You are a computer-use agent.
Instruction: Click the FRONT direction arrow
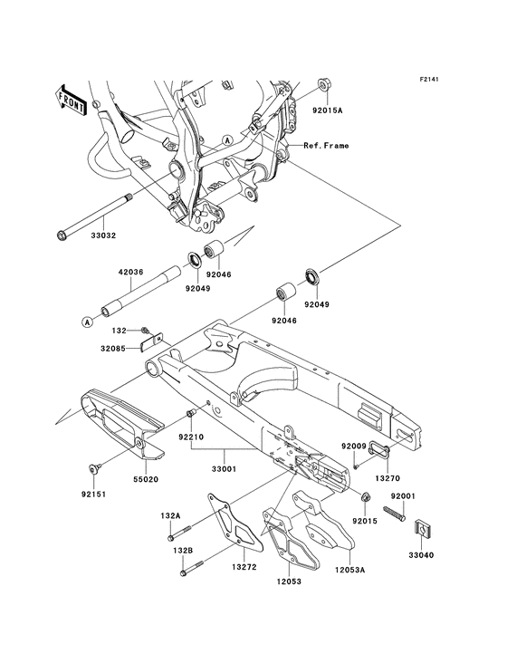(71, 101)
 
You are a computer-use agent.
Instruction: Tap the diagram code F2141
(429, 79)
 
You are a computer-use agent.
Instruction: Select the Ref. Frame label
(326, 146)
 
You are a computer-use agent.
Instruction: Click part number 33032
(103, 235)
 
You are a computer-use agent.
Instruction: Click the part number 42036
(130, 272)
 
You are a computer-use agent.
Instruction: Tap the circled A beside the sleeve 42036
(87, 322)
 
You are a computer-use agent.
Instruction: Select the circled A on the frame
(227, 140)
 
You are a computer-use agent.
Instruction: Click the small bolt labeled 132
(145, 330)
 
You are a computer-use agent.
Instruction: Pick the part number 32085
(113, 349)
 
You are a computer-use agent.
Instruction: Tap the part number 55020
(146, 479)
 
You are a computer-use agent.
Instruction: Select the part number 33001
(225, 468)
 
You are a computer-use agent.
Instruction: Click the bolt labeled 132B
(192, 568)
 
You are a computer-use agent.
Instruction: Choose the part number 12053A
(349, 570)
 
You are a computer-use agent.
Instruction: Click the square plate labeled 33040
(424, 527)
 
